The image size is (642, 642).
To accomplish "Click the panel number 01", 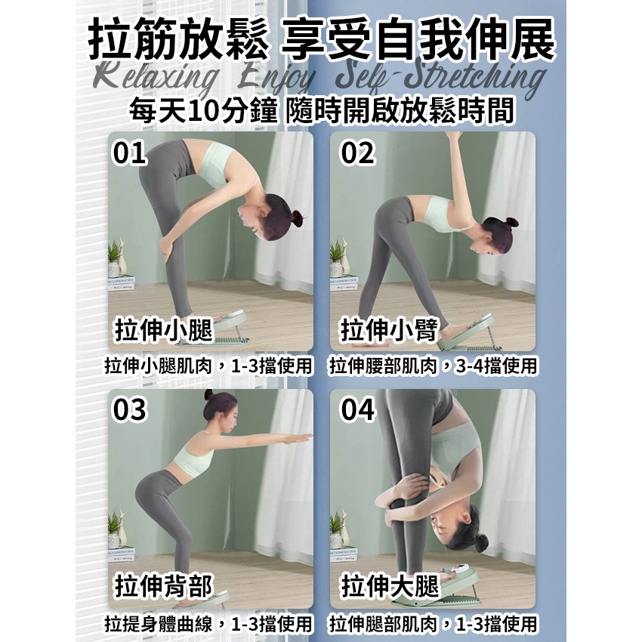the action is click(x=129, y=153).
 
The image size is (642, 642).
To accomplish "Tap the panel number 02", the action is click(x=357, y=153).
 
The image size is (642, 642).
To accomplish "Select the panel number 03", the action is click(x=129, y=409).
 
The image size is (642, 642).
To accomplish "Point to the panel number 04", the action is click(x=357, y=409).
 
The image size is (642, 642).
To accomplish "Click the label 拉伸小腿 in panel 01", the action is click(x=164, y=329).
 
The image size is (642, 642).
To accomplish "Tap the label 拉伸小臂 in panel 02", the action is click(x=390, y=329).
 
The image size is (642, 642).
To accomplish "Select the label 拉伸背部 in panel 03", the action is click(x=164, y=586).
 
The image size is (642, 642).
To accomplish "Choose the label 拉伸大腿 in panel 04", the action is click(x=390, y=586).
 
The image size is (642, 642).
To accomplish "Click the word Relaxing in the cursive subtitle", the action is click(x=156, y=77).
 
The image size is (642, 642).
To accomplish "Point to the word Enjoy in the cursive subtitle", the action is click(x=279, y=80).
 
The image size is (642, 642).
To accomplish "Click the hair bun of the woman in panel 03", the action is click(x=209, y=394).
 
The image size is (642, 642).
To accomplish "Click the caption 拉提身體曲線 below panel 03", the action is click(x=159, y=624).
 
